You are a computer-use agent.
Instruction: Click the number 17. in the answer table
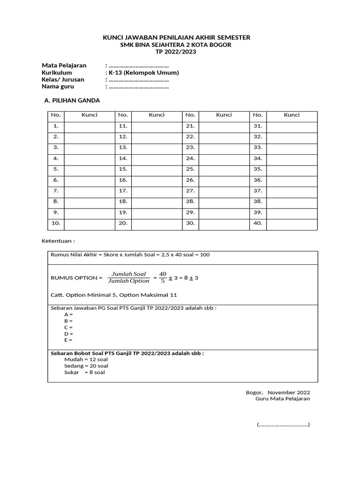(x=123, y=191)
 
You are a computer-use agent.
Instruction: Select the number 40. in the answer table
(x=258, y=223)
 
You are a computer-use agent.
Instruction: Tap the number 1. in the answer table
(x=56, y=126)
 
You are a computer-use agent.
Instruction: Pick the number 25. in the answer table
(x=190, y=169)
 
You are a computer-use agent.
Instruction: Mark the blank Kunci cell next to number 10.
(x=90, y=223)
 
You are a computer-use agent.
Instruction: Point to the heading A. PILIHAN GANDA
(x=72, y=100)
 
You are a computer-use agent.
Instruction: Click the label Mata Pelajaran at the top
(x=64, y=66)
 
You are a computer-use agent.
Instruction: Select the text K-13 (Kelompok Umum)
(x=143, y=73)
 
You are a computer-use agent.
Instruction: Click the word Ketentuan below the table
(x=58, y=240)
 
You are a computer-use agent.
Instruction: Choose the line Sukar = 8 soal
(x=78, y=373)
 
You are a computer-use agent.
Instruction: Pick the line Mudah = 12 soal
(x=80, y=360)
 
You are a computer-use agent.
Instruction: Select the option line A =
(x=68, y=315)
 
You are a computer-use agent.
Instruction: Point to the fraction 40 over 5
(x=163, y=277)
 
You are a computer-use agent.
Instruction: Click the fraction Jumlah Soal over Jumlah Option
(x=128, y=277)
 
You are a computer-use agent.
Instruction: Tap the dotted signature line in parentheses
(x=283, y=425)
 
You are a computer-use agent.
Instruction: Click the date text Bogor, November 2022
(x=278, y=392)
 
